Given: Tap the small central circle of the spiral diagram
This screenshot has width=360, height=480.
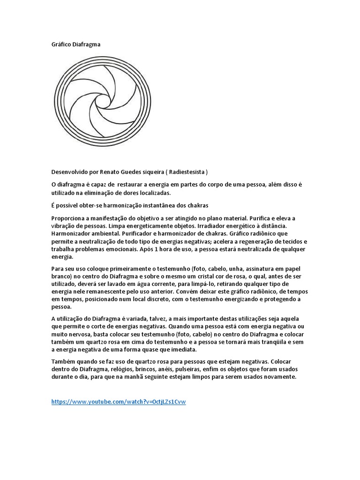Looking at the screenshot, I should pyautogui.click(x=101, y=101).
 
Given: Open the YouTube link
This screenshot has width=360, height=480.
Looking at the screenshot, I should pyautogui.click(x=119, y=402).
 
